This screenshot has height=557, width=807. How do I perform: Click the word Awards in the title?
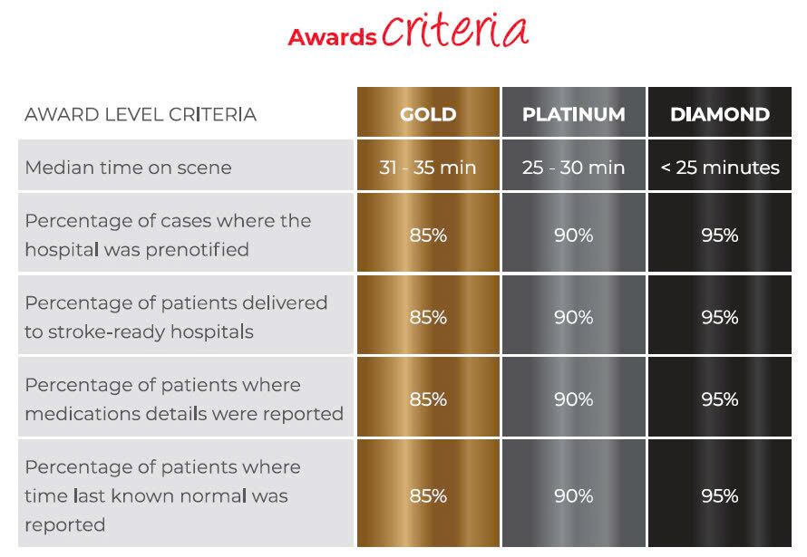click(332, 37)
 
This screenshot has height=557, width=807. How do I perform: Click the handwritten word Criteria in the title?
click(455, 30)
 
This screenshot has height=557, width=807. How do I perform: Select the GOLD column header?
click(428, 114)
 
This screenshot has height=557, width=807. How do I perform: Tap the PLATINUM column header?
click(574, 114)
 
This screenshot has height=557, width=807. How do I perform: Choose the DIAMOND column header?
click(720, 114)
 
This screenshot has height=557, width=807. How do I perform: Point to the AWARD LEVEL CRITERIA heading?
click(141, 115)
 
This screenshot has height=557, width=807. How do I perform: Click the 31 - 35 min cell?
click(428, 168)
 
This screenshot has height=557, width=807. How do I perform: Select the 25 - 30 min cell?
click(573, 168)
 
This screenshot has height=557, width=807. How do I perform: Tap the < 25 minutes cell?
click(720, 168)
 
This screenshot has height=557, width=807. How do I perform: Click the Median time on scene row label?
click(128, 168)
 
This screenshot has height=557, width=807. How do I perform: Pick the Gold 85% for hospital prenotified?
click(428, 235)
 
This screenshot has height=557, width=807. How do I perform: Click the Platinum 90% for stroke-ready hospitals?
click(574, 318)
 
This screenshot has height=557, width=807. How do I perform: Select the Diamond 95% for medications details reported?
click(720, 399)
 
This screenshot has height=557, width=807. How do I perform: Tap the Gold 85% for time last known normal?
click(428, 495)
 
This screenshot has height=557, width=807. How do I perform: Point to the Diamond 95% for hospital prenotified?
click(720, 235)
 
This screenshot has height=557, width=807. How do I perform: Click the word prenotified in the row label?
click(197, 250)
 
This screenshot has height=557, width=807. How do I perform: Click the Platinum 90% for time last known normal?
click(574, 495)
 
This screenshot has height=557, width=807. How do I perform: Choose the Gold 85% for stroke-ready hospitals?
click(428, 318)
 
